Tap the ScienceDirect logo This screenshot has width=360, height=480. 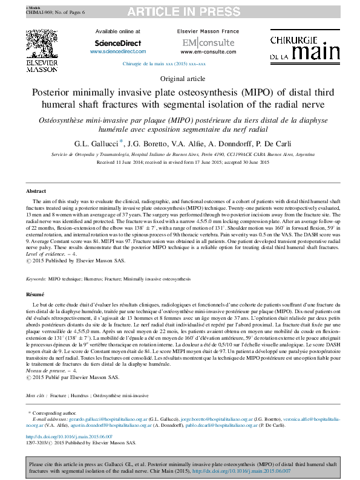coord(118,43)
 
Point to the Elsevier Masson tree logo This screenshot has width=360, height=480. coord(42,45)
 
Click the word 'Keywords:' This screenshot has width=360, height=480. coord(36,279)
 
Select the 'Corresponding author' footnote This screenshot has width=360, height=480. coord(56,412)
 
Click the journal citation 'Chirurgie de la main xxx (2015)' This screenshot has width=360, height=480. coord(164,63)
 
